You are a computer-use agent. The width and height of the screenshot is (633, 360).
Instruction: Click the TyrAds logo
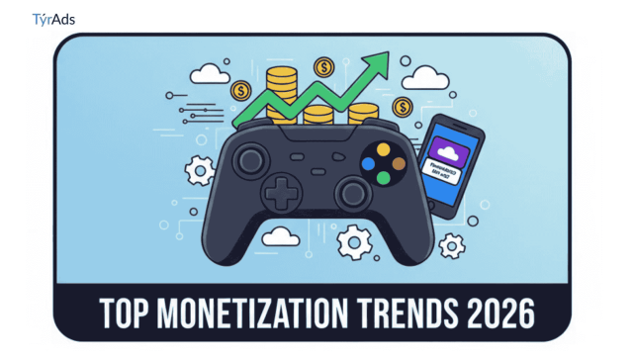tap(53, 19)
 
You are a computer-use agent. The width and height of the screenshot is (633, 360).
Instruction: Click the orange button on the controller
tap(399, 163)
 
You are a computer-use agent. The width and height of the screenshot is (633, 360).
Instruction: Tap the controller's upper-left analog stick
tap(247, 158)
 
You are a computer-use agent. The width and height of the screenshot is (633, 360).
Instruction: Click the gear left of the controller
tap(200, 170)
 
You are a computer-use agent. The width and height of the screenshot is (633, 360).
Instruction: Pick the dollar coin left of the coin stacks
tap(240, 91)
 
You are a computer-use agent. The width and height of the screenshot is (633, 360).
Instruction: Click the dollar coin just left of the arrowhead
tap(322, 67)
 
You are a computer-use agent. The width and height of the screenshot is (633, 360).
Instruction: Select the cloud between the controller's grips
tap(281, 235)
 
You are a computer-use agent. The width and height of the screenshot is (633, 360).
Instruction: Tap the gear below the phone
tap(451, 245)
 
